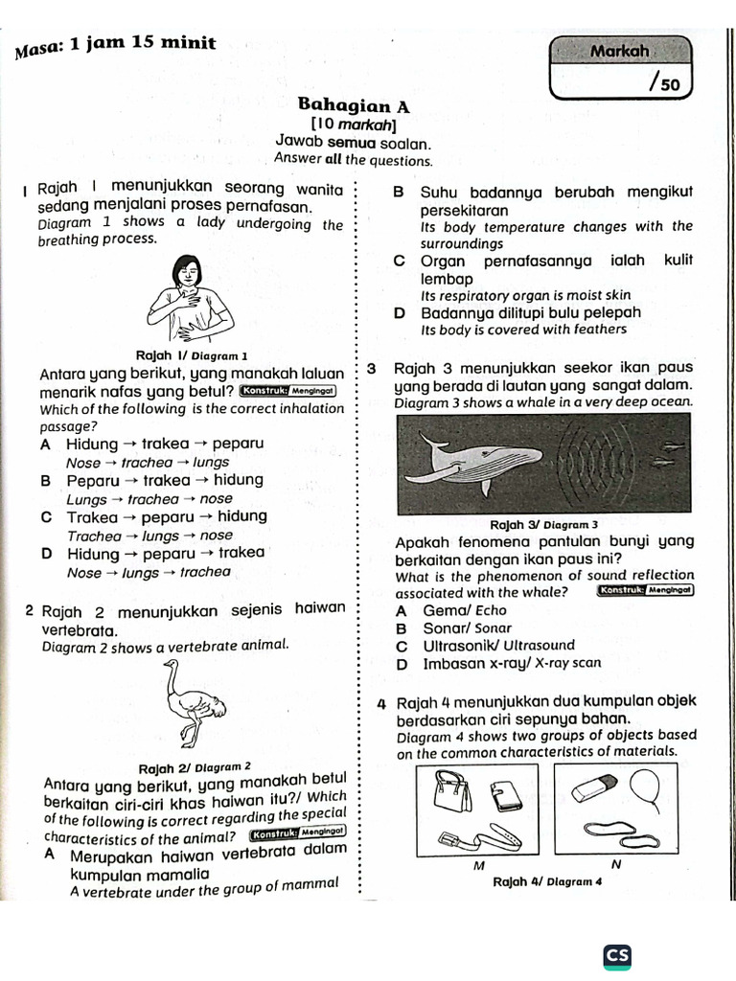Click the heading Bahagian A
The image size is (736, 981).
point(354,104)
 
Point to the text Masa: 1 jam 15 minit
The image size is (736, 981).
point(116,45)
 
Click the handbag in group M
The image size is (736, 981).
point(448,792)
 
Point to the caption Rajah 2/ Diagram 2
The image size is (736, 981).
point(195,767)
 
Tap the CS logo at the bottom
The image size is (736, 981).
point(617,956)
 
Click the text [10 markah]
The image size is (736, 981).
point(354,125)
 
